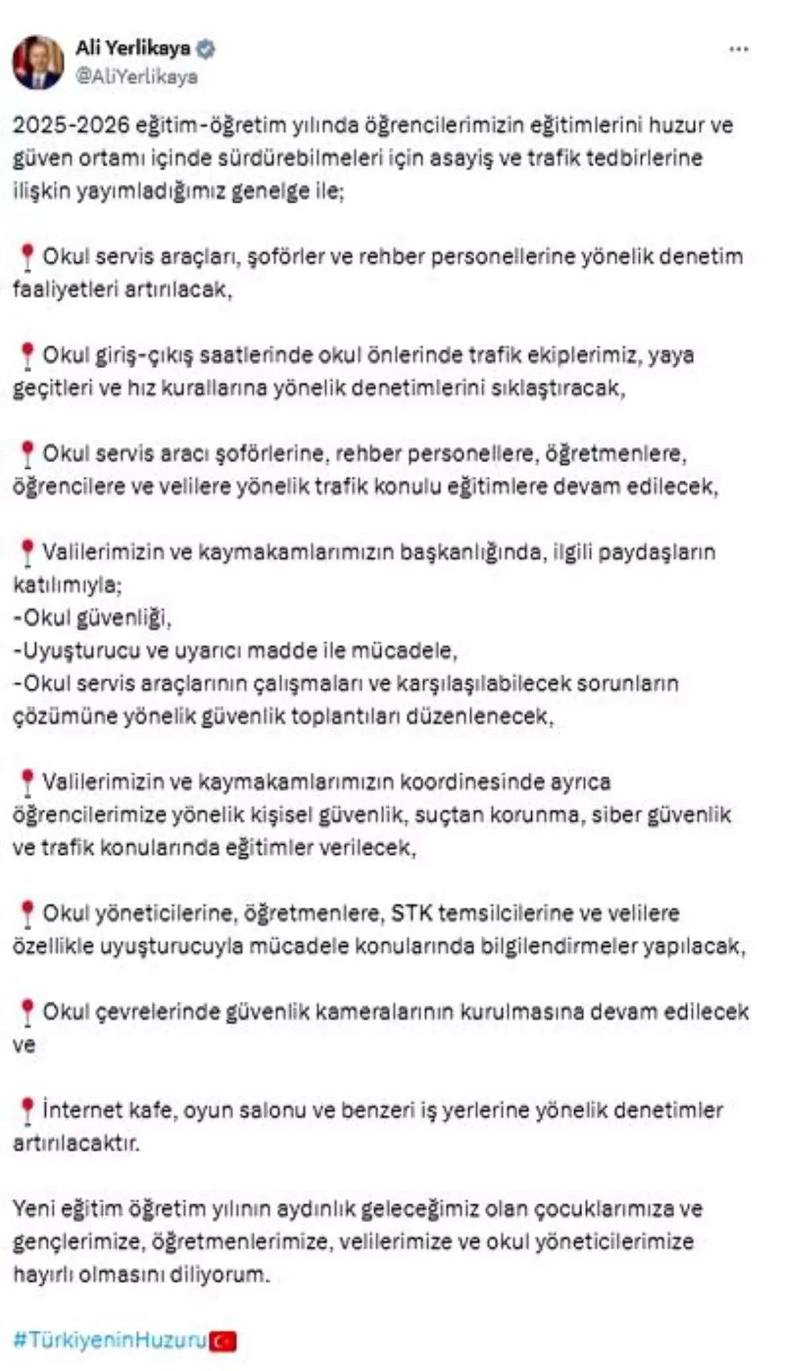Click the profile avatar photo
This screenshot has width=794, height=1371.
[38, 62]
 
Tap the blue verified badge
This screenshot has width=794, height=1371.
[206, 49]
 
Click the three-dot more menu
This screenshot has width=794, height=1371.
[738, 50]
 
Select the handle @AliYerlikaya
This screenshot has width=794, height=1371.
[136, 77]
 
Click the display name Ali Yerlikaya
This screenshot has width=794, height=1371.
[132, 48]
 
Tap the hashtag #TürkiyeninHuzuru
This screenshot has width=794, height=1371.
[110, 1339]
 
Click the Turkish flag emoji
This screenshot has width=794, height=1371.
[223, 1341]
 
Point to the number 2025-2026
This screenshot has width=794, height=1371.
[71, 125]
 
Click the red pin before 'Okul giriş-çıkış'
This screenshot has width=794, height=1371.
[27, 356]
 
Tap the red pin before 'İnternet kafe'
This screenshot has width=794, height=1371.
[27, 1111]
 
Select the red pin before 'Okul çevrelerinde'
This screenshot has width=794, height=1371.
[27, 1012]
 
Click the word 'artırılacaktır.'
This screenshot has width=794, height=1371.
[77, 1143]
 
